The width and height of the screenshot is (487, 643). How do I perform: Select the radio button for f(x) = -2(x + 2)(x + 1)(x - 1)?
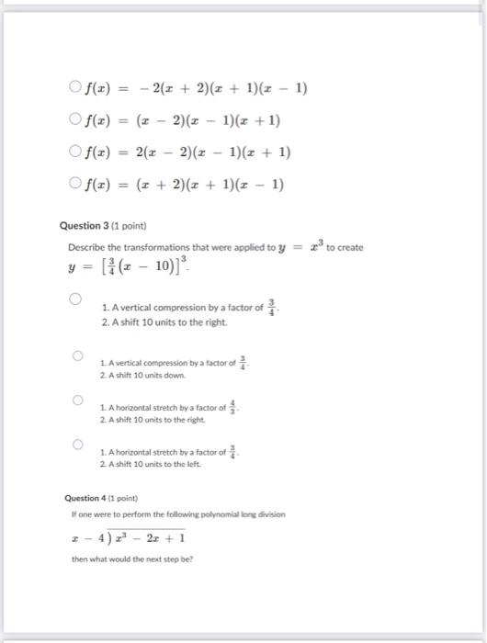74,88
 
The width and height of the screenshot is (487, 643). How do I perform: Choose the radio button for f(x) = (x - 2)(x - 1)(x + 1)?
74,119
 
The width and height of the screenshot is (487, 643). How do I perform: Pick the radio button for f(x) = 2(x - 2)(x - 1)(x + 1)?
74,152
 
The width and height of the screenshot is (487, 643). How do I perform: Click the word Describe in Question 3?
85,248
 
